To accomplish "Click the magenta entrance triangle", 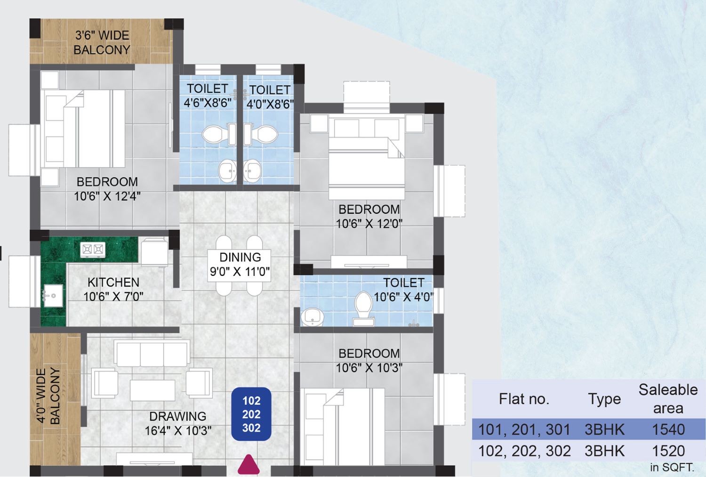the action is tap(249, 466).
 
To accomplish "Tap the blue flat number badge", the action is tap(251, 414).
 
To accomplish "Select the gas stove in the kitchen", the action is tap(93, 250).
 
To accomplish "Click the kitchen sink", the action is tap(53, 295).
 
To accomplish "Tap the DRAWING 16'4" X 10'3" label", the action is tap(178, 423).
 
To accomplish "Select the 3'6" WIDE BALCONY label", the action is tap(102, 42).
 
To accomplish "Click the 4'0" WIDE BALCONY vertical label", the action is tap(48, 396).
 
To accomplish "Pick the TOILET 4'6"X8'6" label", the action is tap(208, 96).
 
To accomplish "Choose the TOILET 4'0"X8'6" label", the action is tap(270, 97).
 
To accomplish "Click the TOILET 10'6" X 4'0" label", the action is tap(404, 290).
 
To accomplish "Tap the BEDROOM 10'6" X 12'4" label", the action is tap(107, 189).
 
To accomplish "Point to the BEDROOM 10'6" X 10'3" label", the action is tap(369, 360).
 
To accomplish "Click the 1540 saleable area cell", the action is tap(668, 429).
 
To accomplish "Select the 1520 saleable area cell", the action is tap(668, 451).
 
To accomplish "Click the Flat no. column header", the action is tap(524, 399).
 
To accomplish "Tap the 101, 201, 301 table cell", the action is tap(524, 429).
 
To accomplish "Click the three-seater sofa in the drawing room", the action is tap(152, 353).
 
